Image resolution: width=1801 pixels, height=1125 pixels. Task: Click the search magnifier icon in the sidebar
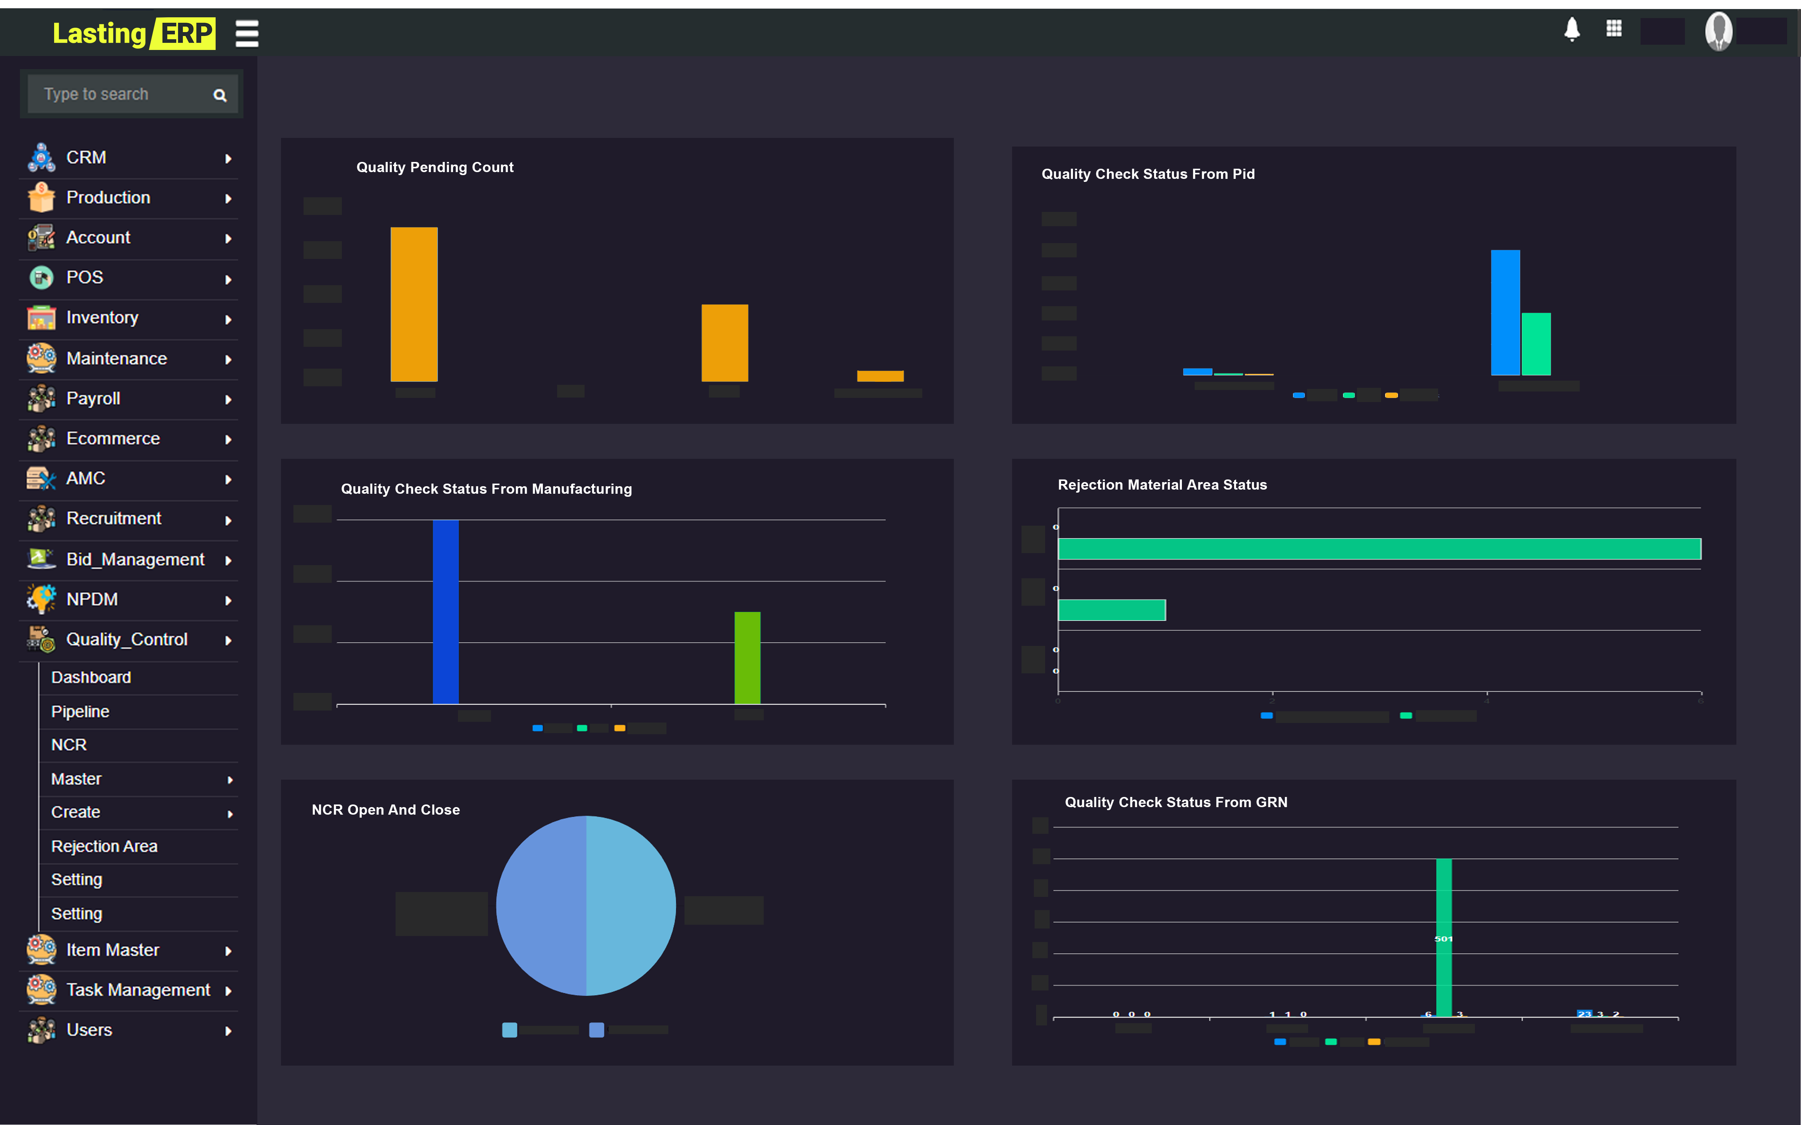pos(219,95)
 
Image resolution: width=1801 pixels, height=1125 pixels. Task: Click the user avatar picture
pos(1718,31)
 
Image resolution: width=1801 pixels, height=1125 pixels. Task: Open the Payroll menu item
pos(93,399)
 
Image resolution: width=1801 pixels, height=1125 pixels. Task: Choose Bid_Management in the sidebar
pos(134,559)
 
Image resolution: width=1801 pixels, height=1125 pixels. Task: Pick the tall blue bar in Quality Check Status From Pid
pos(1505,313)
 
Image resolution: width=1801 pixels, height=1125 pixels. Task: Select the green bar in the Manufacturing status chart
pos(747,658)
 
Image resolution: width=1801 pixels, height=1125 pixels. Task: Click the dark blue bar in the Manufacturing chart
pos(446,612)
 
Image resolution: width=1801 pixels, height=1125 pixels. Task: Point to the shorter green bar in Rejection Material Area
pos(1111,610)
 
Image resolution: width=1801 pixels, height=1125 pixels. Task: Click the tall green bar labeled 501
pos(1443,937)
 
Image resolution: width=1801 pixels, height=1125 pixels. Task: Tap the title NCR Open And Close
pos(385,809)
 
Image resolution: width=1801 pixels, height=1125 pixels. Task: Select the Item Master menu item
pos(112,950)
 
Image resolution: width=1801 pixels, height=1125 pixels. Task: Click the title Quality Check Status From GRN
pos(1175,802)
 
